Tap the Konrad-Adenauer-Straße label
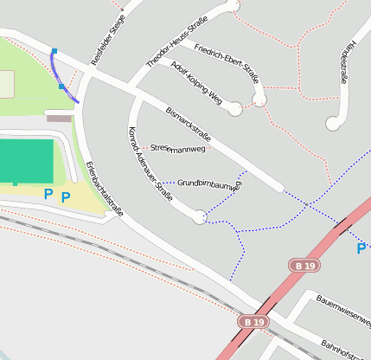pyautogui.click(x=150, y=164)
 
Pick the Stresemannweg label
pyautogui.click(x=177, y=149)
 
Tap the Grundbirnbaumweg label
pyautogui.click(x=209, y=183)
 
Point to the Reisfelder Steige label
pyautogui.click(x=107, y=35)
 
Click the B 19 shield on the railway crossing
pyautogui.click(x=252, y=322)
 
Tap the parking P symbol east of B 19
pyautogui.click(x=361, y=249)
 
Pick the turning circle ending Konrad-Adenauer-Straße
pyautogui.click(x=200, y=216)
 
